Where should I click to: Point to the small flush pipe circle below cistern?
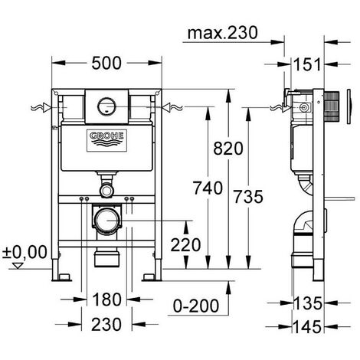(108, 188)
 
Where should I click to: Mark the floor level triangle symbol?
(10, 265)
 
